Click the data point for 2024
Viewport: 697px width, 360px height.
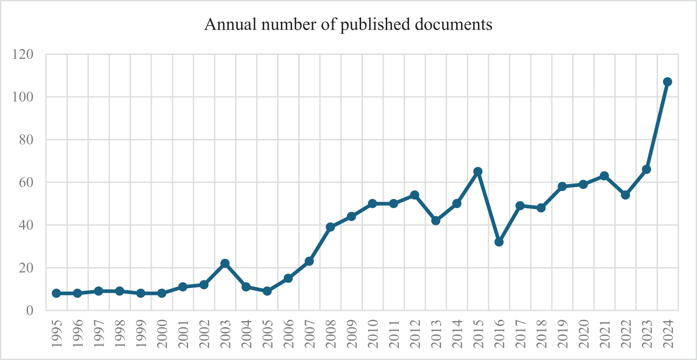tap(667, 82)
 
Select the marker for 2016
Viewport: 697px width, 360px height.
tap(499, 242)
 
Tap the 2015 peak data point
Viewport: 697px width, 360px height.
tap(478, 172)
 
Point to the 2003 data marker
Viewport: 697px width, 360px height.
tap(225, 263)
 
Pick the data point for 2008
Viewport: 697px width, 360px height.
tap(330, 227)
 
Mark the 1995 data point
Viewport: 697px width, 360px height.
tap(56, 293)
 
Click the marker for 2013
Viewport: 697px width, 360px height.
tap(435, 221)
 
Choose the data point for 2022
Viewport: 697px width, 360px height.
tap(625, 195)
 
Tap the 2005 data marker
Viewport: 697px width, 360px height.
tap(267, 291)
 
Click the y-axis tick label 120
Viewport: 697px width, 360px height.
tap(23, 54)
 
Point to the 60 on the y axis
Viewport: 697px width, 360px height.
tap(26, 182)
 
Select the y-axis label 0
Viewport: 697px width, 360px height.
tap(30, 310)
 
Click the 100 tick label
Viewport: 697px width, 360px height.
tap(23, 97)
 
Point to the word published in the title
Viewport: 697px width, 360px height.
tap(376, 24)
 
